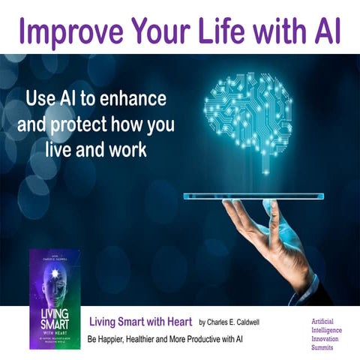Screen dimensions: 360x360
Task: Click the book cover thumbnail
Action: tap(55, 288)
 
